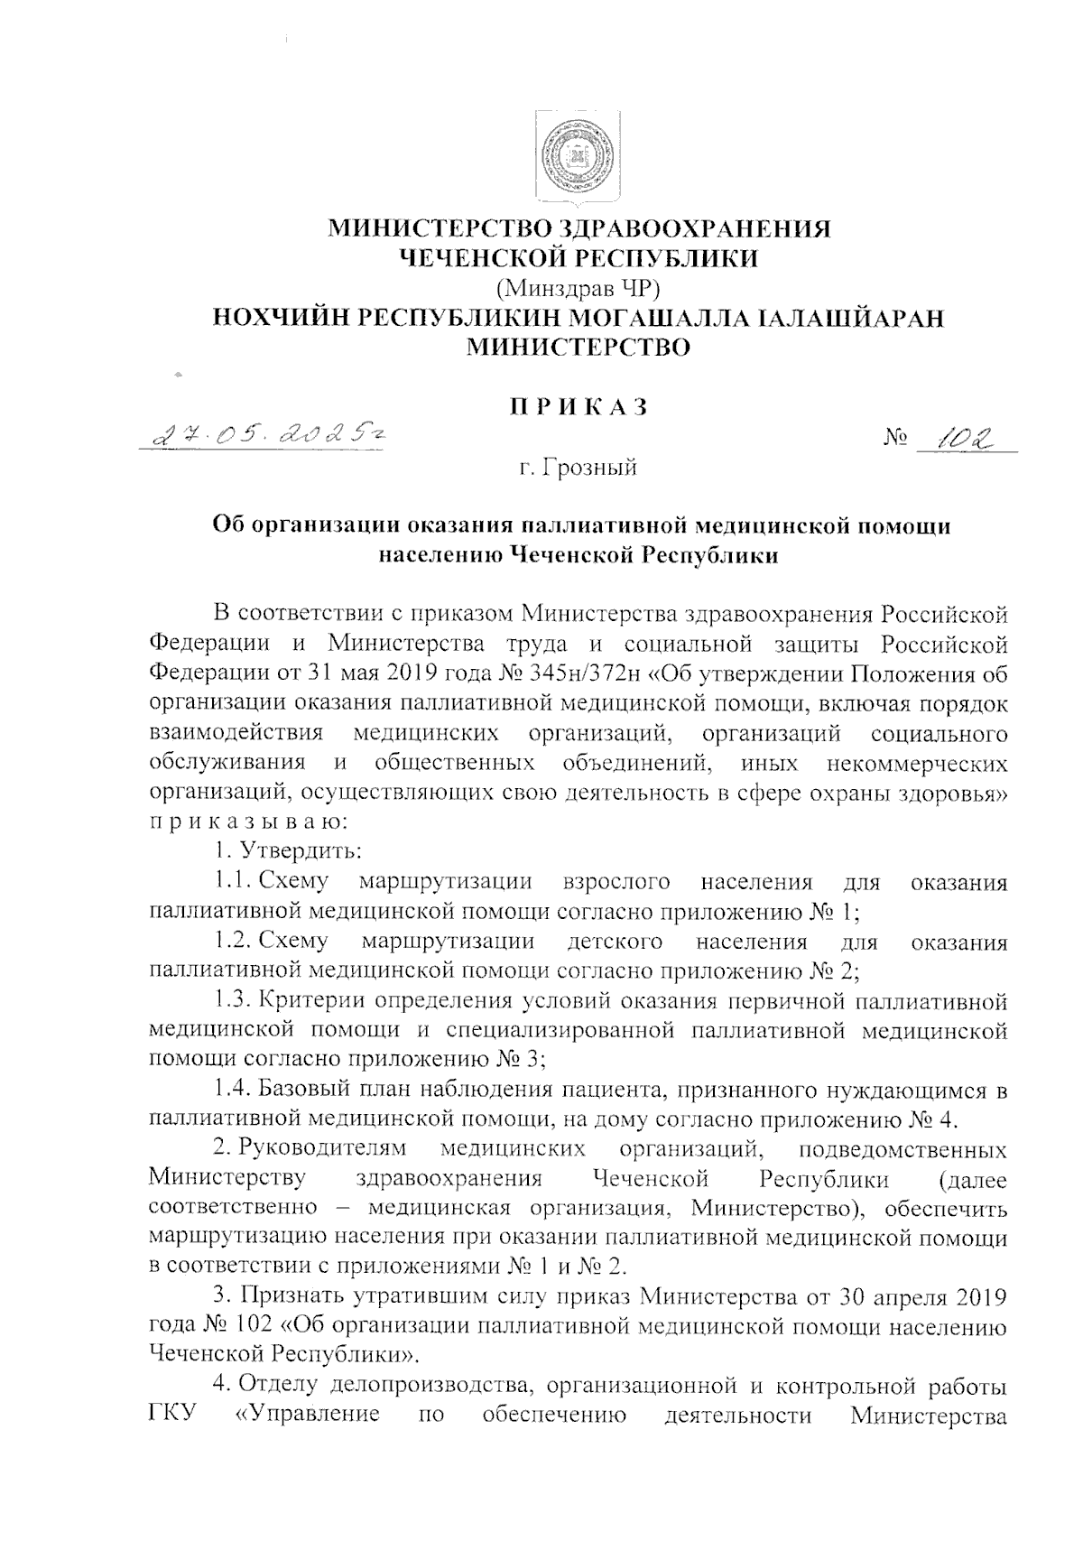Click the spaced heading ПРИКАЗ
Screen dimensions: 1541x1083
579,407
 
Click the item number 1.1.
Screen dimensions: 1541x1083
232,880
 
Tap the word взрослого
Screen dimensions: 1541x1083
616,880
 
